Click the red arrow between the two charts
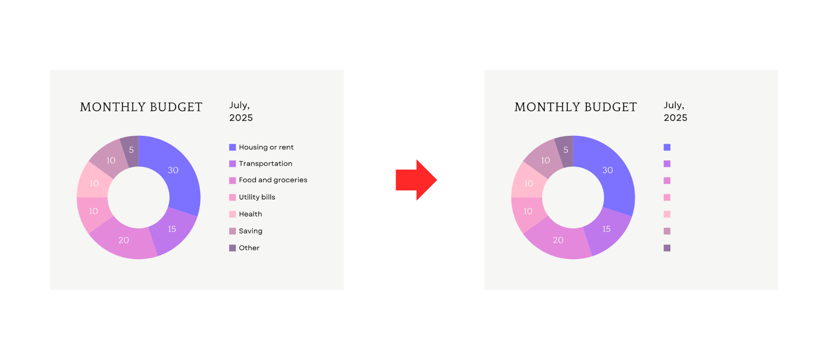416,180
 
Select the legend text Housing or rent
266,147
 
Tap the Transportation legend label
266,164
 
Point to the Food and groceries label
273,180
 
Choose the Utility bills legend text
257,197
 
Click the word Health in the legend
250,214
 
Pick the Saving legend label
250,231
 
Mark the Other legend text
249,248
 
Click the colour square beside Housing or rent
233,147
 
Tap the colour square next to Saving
233,231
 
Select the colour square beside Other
233,248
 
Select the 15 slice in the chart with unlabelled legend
607,230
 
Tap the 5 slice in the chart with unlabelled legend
565,151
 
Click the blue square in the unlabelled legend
667,147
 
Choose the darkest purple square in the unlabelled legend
667,248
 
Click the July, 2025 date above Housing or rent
241,111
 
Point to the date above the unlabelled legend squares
676,111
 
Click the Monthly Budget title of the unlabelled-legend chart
576,107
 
